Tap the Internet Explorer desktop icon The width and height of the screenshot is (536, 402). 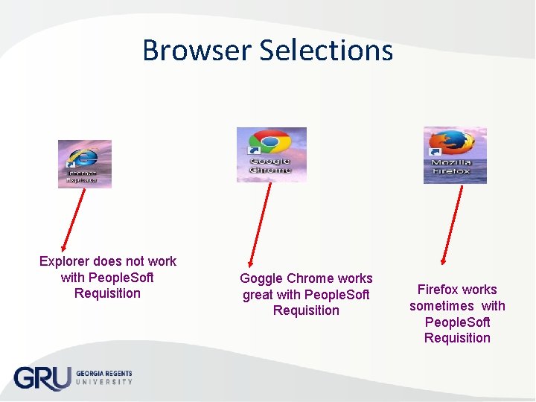(x=85, y=163)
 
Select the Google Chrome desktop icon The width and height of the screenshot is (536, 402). (x=271, y=154)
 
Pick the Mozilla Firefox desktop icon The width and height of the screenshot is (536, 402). (x=454, y=154)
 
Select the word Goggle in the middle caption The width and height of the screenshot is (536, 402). (x=261, y=278)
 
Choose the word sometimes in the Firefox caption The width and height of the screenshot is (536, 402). (x=441, y=306)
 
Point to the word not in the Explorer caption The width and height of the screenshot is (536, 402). (x=135, y=261)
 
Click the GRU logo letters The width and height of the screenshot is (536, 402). (x=42, y=378)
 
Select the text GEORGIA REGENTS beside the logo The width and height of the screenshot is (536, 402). (x=104, y=373)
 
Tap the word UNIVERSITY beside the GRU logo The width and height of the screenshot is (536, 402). (x=104, y=382)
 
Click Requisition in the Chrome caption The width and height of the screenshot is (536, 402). (x=306, y=310)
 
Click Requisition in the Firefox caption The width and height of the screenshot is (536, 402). (x=457, y=338)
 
